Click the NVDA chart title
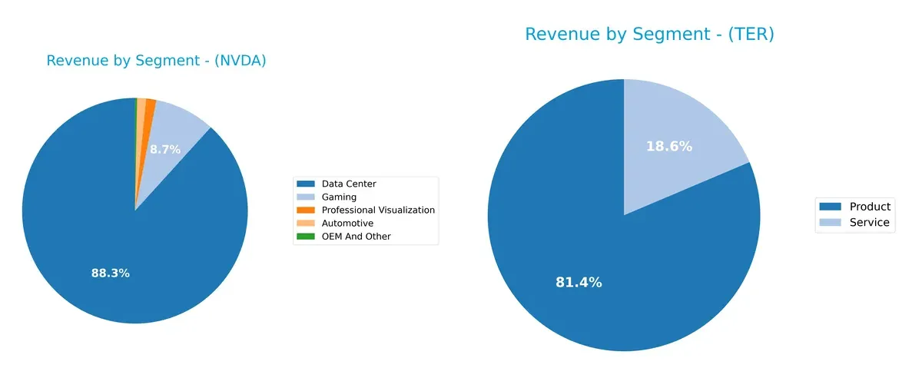pos(156,61)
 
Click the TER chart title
pos(649,35)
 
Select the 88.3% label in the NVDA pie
pos(110,273)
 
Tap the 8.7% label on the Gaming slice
pos(165,150)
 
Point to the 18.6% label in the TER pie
pos(669,146)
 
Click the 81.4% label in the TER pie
pos(579,282)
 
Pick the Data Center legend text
pos(349,184)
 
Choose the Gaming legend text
pos(339,197)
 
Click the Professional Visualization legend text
pos(378,210)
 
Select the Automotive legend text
pos(347,223)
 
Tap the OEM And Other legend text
pos(356,236)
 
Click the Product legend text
pos(870,207)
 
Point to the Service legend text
pos(869,223)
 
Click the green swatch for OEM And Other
pos(306,236)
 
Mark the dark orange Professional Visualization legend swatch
pos(306,210)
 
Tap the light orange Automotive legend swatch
pos(306,223)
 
